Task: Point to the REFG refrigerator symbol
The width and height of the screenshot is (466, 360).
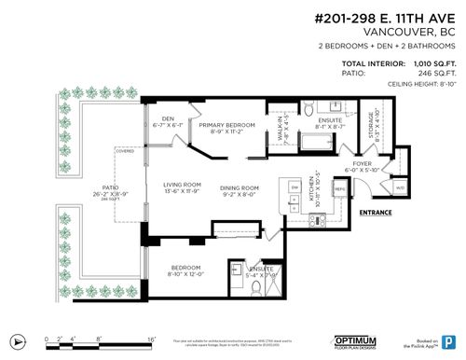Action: coord(340,187)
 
